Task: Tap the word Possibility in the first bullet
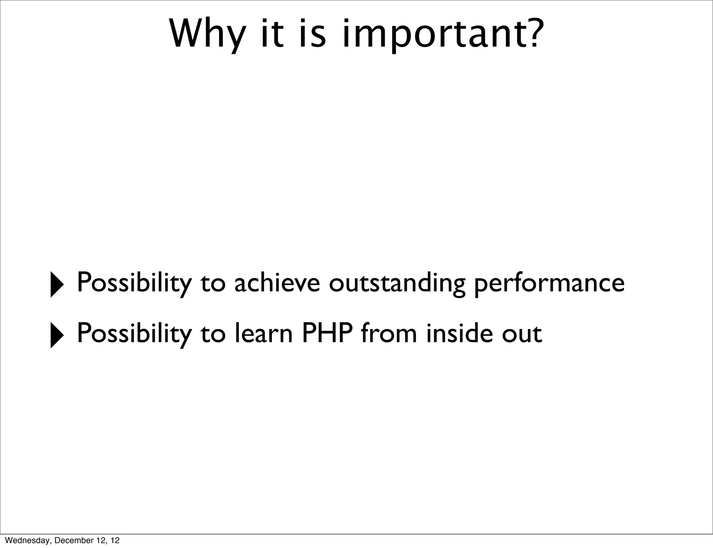134,283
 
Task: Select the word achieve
277,283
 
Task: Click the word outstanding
397,283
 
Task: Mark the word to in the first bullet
213,283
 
